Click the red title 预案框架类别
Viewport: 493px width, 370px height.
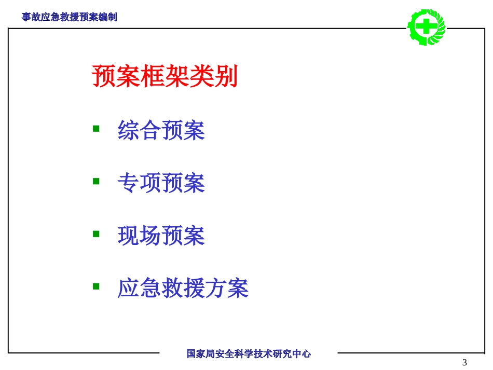[x=165, y=76]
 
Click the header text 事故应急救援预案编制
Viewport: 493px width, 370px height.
[x=69, y=17]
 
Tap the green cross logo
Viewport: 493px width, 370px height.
[x=426, y=26]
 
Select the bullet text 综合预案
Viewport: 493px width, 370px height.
[x=161, y=130]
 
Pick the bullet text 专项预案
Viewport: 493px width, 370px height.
[x=161, y=183]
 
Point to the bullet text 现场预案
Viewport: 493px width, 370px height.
[x=161, y=236]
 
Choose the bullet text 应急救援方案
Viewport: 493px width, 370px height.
[x=183, y=288]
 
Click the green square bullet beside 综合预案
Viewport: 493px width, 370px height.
[x=96, y=129]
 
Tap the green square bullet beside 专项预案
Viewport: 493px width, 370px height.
[x=96, y=181]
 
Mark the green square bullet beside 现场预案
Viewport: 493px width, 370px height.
[x=96, y=234]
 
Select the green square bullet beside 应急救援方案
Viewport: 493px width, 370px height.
[x=96, y=286]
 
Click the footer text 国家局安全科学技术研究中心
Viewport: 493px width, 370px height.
[x=249, y=354]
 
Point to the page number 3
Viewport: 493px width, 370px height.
[x=464, y=363]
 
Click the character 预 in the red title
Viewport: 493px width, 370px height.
[x=103, y=76]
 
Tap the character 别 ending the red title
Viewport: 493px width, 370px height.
[x=226, y=76]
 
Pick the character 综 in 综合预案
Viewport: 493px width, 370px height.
[x=128, y=130]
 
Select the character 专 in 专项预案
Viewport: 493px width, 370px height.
[x=128, y=183]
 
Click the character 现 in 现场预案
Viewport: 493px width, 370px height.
[x=128, y=236]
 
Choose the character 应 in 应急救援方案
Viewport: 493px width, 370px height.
[x=128, y=288]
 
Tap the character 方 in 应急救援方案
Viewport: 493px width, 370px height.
[x=215, y=288]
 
